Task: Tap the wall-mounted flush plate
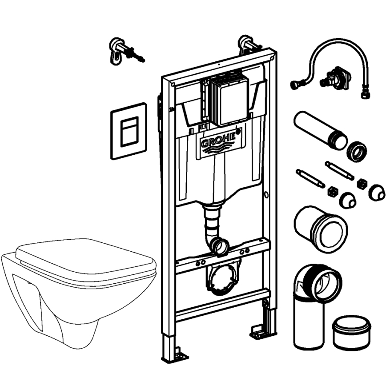coord(129,131)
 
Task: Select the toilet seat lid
coord(84,260)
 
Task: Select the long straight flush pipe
coord(318,129)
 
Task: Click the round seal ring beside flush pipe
coord(356,151)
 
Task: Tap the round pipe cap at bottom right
coord(351,333)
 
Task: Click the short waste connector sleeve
coord(319,227)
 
